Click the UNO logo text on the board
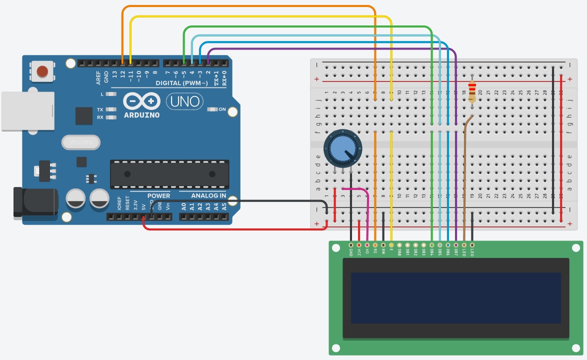[x=185, y=101]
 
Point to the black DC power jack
[x=35, y=201]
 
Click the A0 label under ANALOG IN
[x=183, y=205]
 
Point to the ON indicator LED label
[x=222, y=109]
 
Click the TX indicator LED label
[x=100, y=109]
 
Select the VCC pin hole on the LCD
[x=359, y=245]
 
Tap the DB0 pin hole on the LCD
[x=399, y=245]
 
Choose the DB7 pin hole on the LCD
[x=456, y=245]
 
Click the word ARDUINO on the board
[x=141, y=115]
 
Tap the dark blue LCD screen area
[x=455, y=297]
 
